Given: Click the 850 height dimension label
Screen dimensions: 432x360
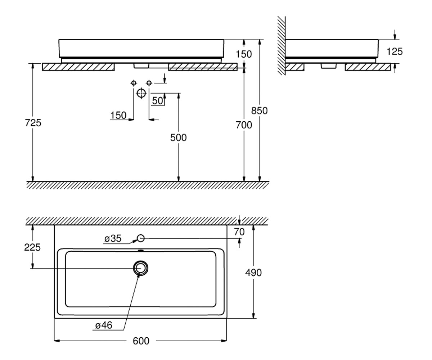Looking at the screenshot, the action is [259, 111].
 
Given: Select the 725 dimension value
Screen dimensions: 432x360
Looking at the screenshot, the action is [33, 123].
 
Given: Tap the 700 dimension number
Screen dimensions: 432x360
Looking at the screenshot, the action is [244, 125].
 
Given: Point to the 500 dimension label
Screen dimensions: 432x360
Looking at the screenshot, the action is [178, 138].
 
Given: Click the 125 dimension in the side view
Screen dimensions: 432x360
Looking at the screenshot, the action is [395, 51].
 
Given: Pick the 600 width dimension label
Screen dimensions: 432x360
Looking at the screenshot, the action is [141, 341].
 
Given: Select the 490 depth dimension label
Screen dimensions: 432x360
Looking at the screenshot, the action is [253, 273].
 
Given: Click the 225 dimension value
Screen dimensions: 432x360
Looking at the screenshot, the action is [32, 247].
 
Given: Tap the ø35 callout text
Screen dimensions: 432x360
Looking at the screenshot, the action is [113, 239].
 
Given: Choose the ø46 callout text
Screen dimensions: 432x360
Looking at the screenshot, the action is [104, 325].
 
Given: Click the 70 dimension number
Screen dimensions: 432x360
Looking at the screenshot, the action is [239, 232].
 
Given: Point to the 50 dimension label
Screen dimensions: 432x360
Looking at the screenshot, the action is [157, 101].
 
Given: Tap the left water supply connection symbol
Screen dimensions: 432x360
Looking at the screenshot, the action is [134, 83].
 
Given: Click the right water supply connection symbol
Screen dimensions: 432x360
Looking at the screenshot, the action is [149, 83].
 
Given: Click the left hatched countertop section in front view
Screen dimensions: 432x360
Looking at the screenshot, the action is [78, 67].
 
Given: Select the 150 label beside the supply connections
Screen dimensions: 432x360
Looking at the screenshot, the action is [118, 115].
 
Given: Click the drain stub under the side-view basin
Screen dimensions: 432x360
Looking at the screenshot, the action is [329, 66].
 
